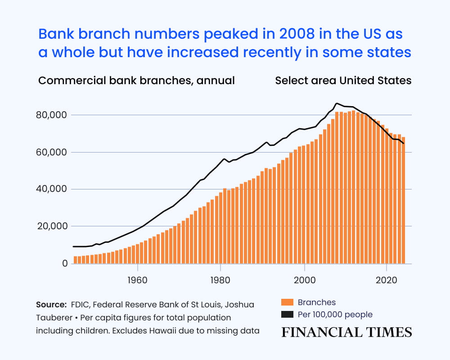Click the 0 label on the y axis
pyautogui.click(x=65, y=263)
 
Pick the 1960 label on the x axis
pyautogui.click(x=137, y=280)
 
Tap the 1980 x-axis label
pyautogui.click(x=220, y=280)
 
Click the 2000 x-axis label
pyautogui.click(x=305, y=280)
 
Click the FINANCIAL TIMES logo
pyautogui.click(x=346, y=333)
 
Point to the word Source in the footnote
pyautogui.click(x=50, y=305)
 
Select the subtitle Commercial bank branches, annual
pyautogui.click(x=136, y=81)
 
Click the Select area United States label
pyautogui.click(x=343, y=81)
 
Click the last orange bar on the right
pyautogui.click(x=404, y=200)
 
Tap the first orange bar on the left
pyautogui.click(x=75, y=260)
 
